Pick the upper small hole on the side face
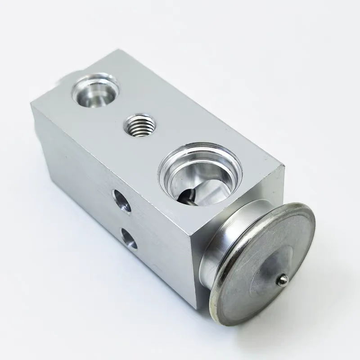[x=121, y=201]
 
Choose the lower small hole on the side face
[x=130, y=238]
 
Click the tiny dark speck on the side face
[x=67, y=157]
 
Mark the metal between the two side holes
[x=126, y=220]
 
